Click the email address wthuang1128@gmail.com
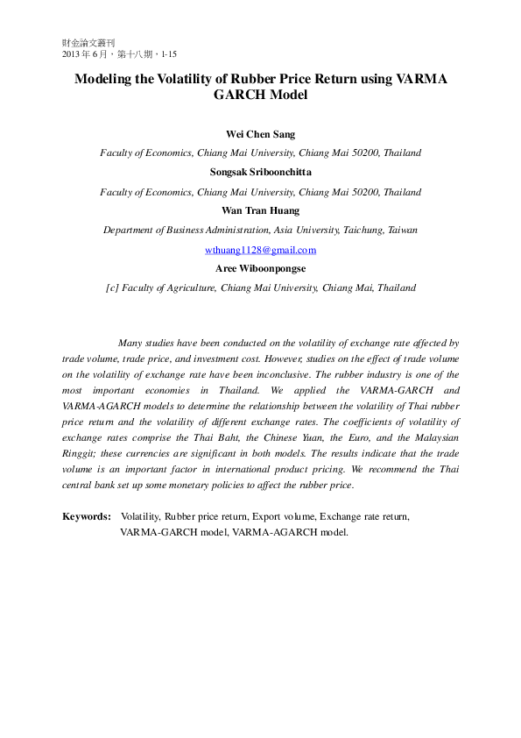coord(260,250)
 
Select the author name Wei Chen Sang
coord(260,134)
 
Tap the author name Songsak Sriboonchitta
coord(260,172)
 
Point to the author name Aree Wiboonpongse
coord(260,268)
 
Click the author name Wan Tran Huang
coord(260,210)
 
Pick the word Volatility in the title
coord(187,78)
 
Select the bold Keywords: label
coord(87,517)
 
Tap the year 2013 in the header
coord(72,53)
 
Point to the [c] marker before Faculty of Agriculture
coord(112,287)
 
